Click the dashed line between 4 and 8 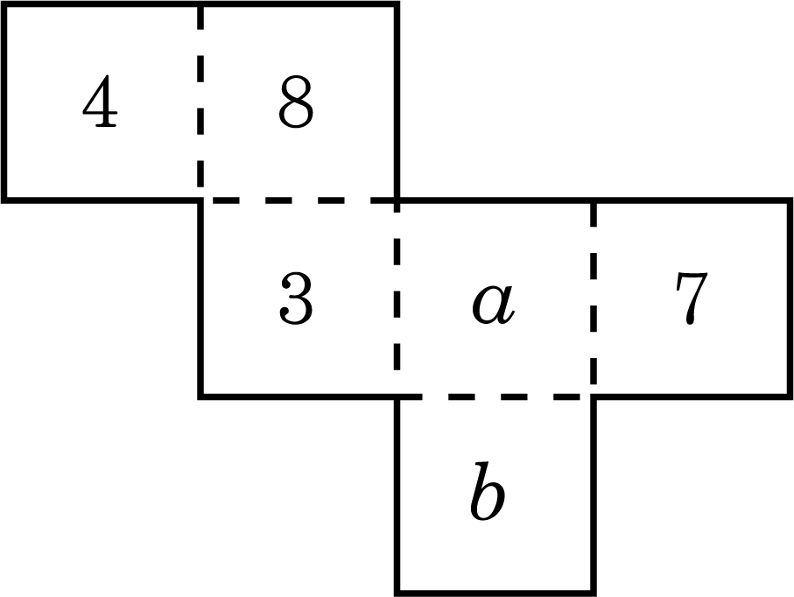201,102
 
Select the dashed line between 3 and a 397,298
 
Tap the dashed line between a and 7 594,298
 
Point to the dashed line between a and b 495,397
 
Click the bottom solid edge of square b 495,593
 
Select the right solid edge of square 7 790,298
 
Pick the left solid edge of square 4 4,102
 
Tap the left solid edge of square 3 201,298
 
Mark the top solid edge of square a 495,200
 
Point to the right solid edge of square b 594,495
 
